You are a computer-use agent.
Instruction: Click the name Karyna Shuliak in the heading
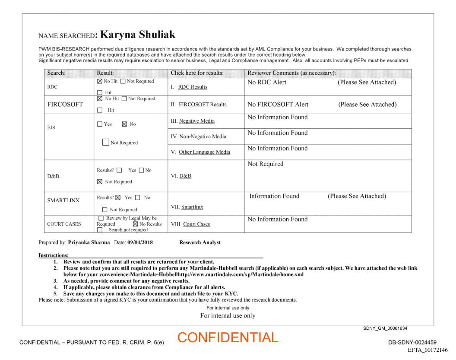point(138,35)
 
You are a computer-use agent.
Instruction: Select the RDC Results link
point(193,87)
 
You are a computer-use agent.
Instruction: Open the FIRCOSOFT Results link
point(203,105)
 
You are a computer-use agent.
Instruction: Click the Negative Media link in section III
point(196,121)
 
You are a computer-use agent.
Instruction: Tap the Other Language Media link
point(204,152)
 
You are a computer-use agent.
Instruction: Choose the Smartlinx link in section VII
point(192,207)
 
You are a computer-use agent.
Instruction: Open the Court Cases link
point(196,224)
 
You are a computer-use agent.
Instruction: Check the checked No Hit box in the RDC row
point(100,81)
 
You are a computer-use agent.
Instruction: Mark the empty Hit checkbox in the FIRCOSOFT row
point(100,110)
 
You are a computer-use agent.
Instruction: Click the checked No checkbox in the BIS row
point(124,124)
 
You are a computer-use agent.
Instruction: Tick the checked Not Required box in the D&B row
point(100,182)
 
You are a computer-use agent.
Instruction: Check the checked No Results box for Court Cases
point(136,224)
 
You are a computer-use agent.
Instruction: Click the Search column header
point(56,73)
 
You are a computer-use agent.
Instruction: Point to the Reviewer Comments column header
point(291,73)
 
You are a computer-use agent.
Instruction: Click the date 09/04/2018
point(140,242)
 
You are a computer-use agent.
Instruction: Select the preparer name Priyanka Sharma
point(89,242)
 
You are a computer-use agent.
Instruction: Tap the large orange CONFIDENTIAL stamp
point(228,338)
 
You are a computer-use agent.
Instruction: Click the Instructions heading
point(54,255)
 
